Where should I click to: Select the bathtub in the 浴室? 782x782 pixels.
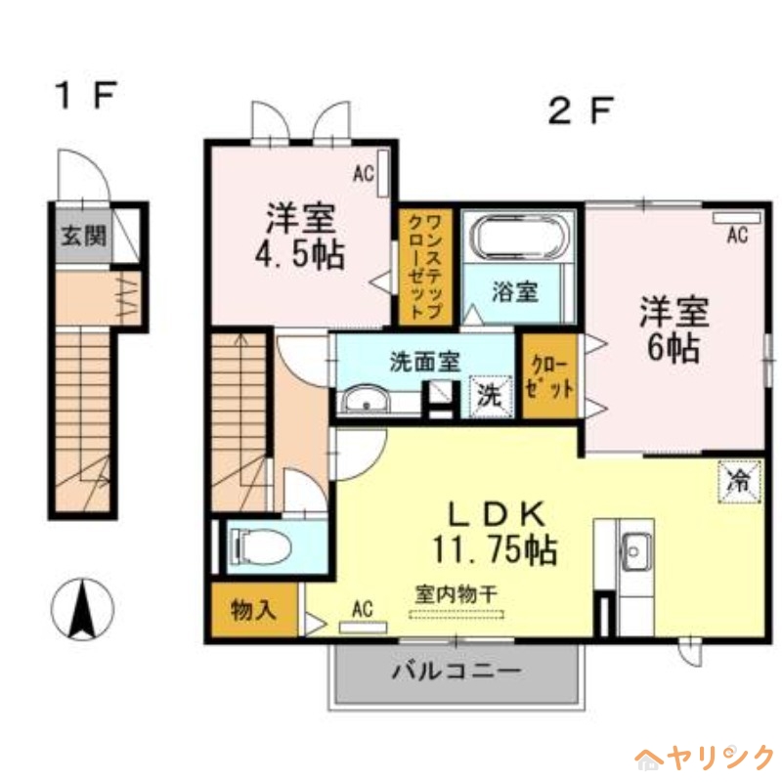point(519,239)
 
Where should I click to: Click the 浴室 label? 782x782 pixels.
point(514,291)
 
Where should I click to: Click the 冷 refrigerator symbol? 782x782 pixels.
point(739,479)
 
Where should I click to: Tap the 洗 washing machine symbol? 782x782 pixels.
point(489,397)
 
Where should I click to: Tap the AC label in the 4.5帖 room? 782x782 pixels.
point(364,175)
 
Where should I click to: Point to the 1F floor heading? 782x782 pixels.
point(85,96)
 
